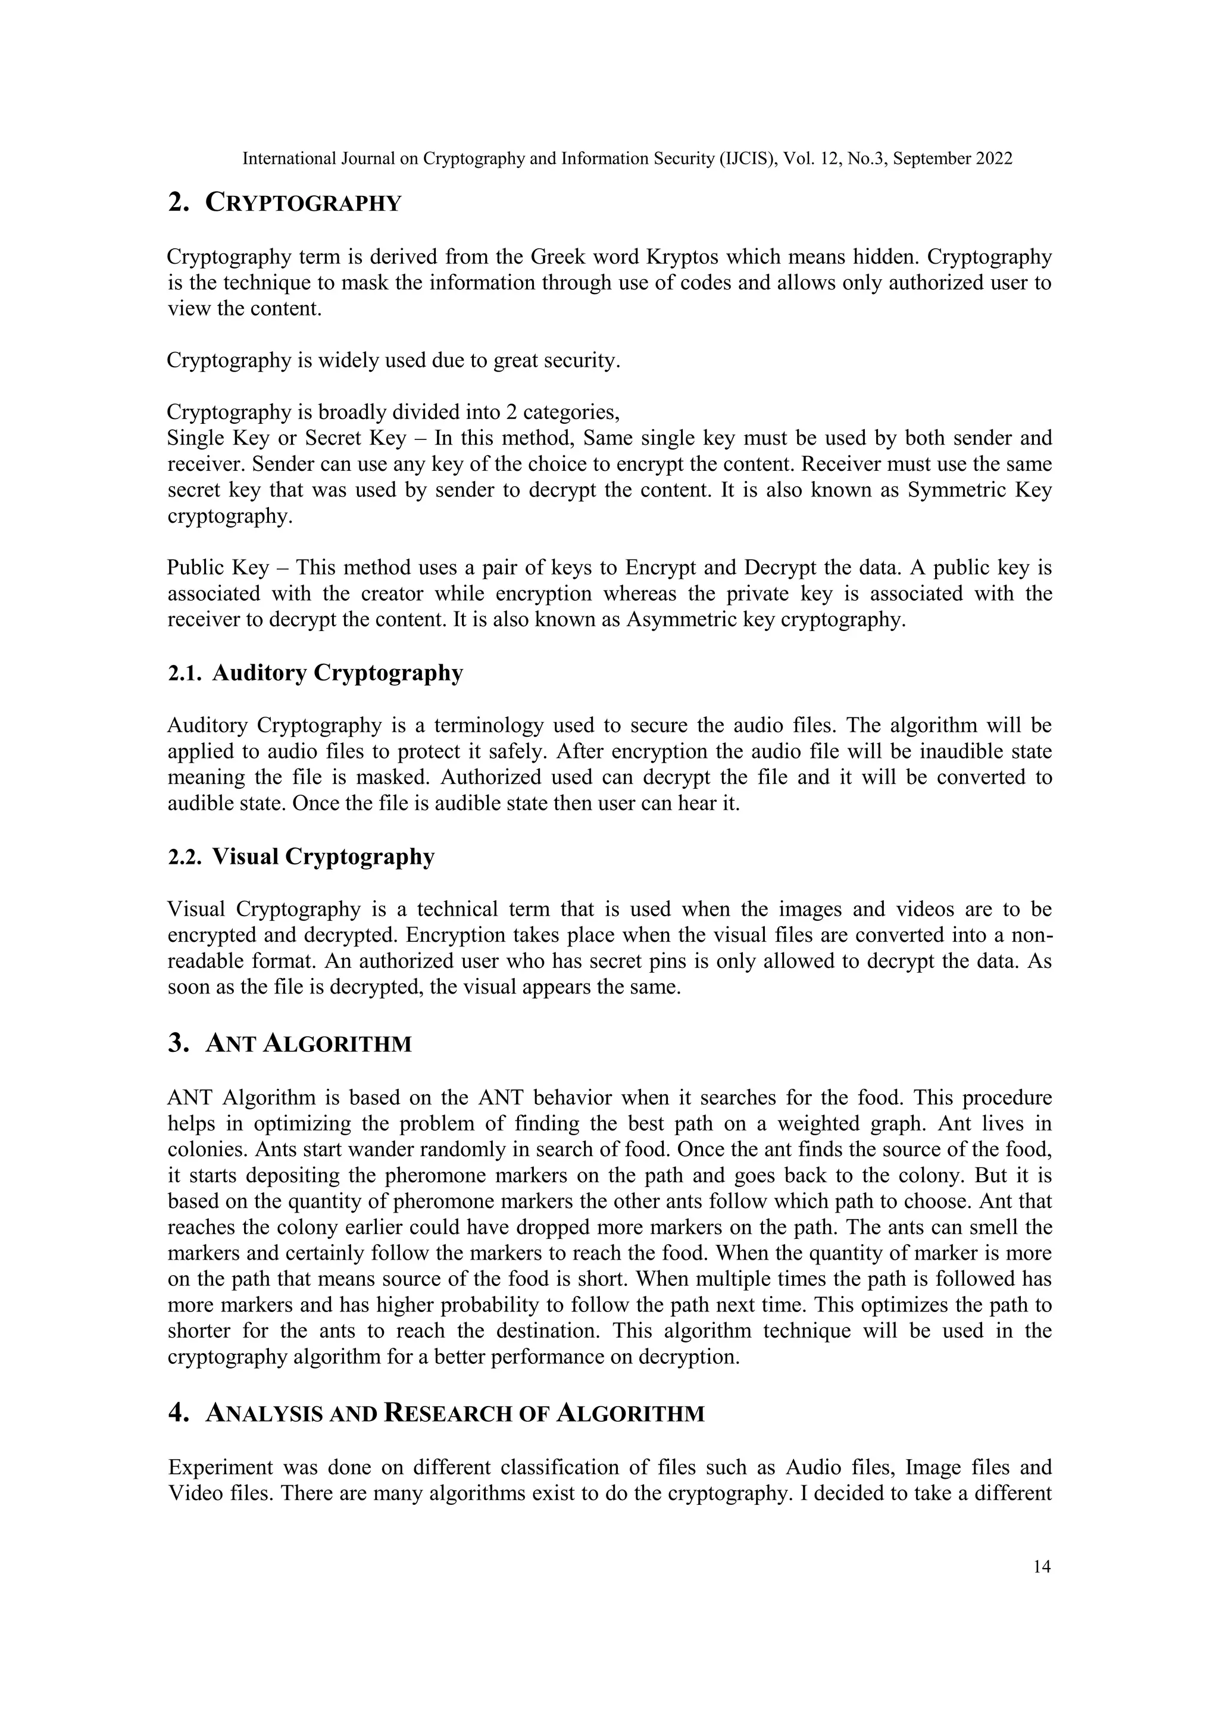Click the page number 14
(x=1042, y=1566)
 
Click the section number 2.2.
(x=185, y=857)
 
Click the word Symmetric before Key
(x=957, y=491)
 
